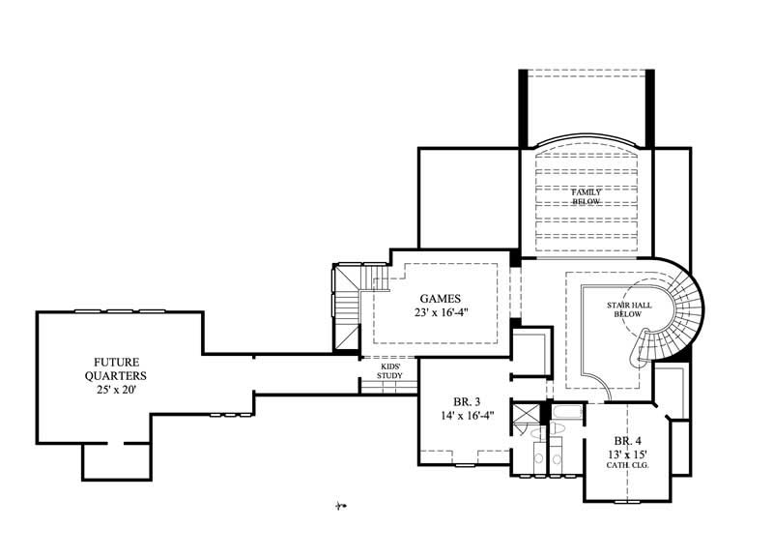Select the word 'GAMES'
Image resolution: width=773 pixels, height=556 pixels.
tap(439, 298)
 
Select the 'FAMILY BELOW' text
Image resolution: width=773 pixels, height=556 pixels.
tap(586, 196)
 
